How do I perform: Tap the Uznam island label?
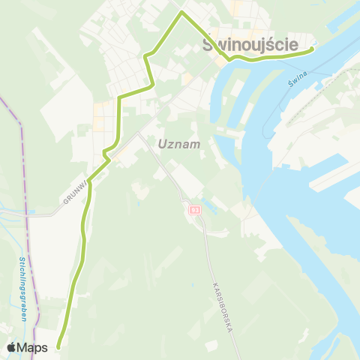pyautogui.click(x=179, y=144)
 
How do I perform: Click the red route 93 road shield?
pyautogui.click(x=195, y=210)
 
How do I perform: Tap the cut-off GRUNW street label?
pyautogui.click(x=73, y=192)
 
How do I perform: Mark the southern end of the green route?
pyautogui.click(x=58, y=346)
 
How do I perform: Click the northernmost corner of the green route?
pyautogui.click(x=181, y=13)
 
